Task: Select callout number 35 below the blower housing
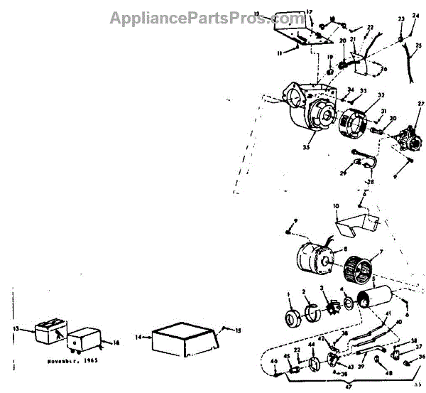tap(305, 148)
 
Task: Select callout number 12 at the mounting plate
tap(275, 14)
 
